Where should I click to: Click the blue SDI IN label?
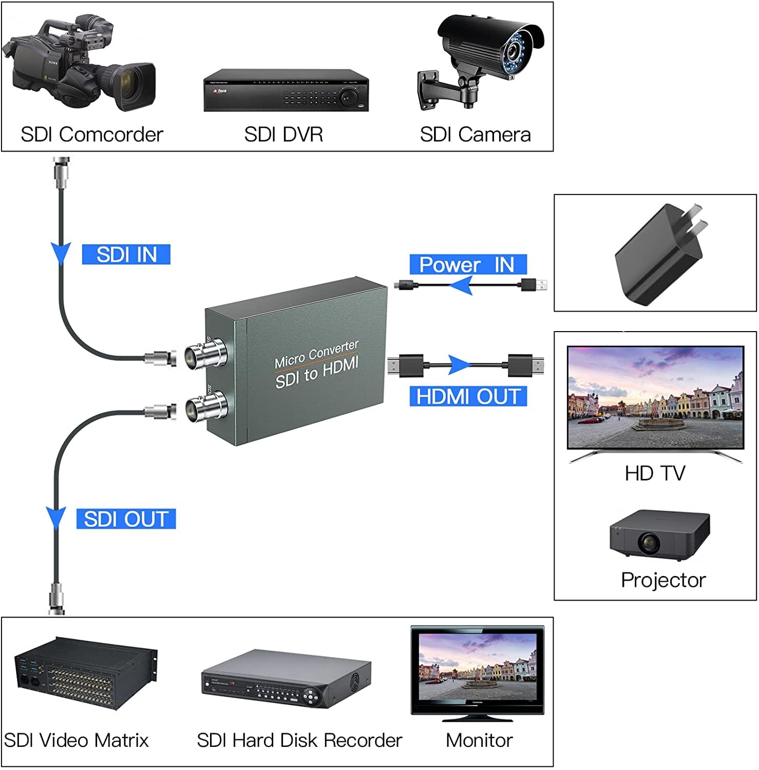pos(126,255)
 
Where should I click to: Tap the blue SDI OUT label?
pos(126,519)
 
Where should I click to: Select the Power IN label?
pos(468,264)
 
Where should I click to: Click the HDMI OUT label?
pos(468,397)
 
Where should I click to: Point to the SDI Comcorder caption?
pos(92,134)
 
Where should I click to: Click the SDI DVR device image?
pos(286,90)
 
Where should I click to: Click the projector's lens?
pos(649,542)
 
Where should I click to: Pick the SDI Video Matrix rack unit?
pos(85,672)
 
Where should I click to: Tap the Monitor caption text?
pos(479,740)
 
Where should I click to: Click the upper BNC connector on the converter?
pos(205,354)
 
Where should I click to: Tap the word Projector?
pos(663,580)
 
